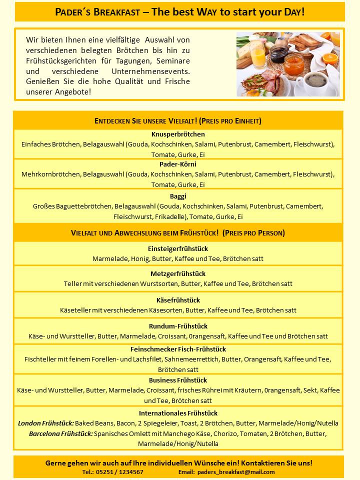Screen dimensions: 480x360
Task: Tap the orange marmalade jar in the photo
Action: point(294,63)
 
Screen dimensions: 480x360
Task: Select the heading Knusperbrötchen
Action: point(178,134)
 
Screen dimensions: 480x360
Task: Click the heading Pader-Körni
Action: point(178,164)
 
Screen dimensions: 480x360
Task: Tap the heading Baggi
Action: point(178,196)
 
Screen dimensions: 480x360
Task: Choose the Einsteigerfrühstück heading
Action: point(178,248)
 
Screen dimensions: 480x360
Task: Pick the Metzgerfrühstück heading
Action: point(178,274)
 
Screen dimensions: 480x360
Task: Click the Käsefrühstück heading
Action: point(178,300)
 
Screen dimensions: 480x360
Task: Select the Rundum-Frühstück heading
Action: point(178,326)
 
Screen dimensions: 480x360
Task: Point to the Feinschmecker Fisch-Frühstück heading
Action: point(178,349)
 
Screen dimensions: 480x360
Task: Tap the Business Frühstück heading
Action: point(178,380)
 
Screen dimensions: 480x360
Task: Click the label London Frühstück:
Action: point(46,423)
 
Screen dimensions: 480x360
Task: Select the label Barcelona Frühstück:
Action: point(60,433)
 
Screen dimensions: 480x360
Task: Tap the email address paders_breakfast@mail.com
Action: point(236,472)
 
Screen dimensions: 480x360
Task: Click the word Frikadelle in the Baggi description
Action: point(169,216)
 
